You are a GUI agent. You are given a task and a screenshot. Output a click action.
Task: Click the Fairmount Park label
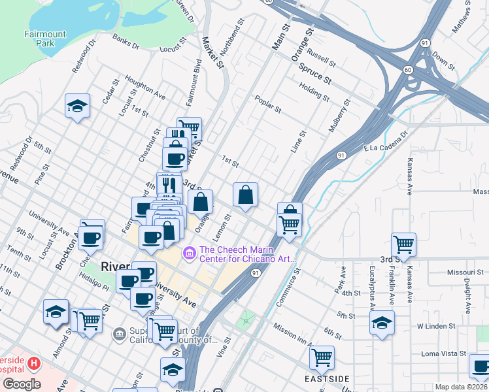pyautogui.click(x=44, y=39)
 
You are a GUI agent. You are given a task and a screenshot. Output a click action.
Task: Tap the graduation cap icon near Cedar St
pyautogui.click(x=77, y=106)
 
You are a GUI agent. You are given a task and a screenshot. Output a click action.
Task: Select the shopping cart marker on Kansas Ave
pyautogui.click(x=404, y=245)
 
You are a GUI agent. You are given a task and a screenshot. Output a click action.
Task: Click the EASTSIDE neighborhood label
pyautogui.click(x=327, y=378)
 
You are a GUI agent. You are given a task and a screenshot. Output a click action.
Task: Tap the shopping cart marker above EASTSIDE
pyautogui.click(x=322, y=357)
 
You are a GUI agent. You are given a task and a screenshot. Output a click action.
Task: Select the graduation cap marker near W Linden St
pyautogui.click(x=382, y=323)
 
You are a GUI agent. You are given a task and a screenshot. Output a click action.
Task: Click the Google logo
pyautogui.click(x=22, y=384)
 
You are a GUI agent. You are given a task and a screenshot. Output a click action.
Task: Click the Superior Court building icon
pyautogui.click(x=119, y=335)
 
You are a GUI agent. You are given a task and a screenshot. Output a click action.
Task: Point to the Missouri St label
pyautogui.click(x=465, y=272)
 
